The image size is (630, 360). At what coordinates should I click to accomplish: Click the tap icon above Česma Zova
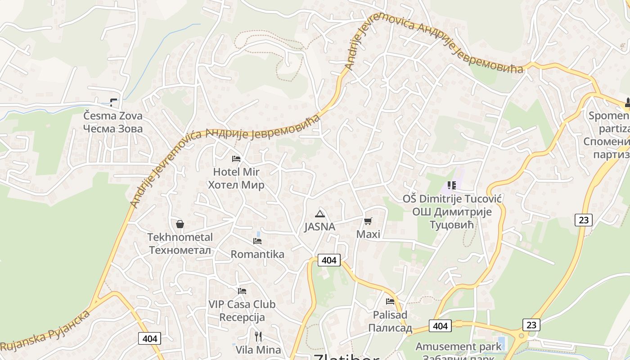[x=113, y=102]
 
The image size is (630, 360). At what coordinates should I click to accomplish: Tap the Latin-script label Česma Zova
[x=113, y=116]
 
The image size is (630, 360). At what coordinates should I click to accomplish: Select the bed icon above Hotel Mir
[x=236, y=158]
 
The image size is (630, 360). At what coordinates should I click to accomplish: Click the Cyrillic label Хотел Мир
[x=236, y=185]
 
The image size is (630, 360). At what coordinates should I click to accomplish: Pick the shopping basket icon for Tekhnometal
[x=180, y=224]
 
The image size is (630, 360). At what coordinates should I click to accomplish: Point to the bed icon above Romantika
[x=257, y=241]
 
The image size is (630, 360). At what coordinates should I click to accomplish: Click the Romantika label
[x=257, y=254]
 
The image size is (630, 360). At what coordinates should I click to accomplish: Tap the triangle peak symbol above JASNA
[x=319, y=214]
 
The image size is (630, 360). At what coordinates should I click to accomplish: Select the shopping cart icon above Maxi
[x=368, y=221]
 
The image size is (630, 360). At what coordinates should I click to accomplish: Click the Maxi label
[x=368, y=234]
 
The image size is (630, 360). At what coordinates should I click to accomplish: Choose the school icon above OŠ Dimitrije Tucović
[x=452, y=185]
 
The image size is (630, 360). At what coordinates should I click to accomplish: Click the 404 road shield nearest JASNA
[x=329, y=260]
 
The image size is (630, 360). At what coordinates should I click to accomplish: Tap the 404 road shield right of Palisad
[x=440, y=325]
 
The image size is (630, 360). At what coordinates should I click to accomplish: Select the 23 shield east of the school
[x=583, y=220]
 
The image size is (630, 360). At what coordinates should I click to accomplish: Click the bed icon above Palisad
[x=390, y=301]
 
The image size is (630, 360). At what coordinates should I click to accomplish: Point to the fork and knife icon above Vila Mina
[x=258, y=336]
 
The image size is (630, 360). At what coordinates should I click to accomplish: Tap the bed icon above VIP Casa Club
[x=242, y=291]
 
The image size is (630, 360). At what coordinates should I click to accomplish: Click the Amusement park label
[x=458, y=346]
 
